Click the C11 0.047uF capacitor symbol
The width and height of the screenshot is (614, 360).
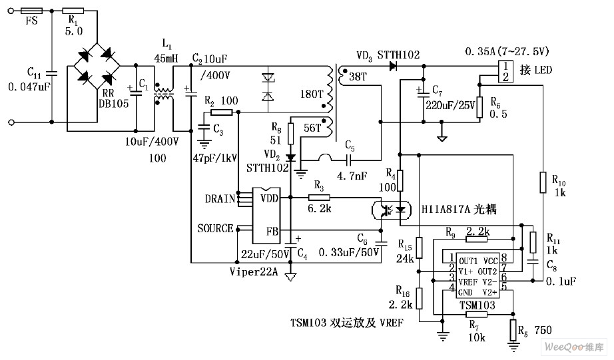click(52, 74)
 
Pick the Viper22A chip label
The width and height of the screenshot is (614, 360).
click(253, 271)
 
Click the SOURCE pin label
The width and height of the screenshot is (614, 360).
click(215, 228)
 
